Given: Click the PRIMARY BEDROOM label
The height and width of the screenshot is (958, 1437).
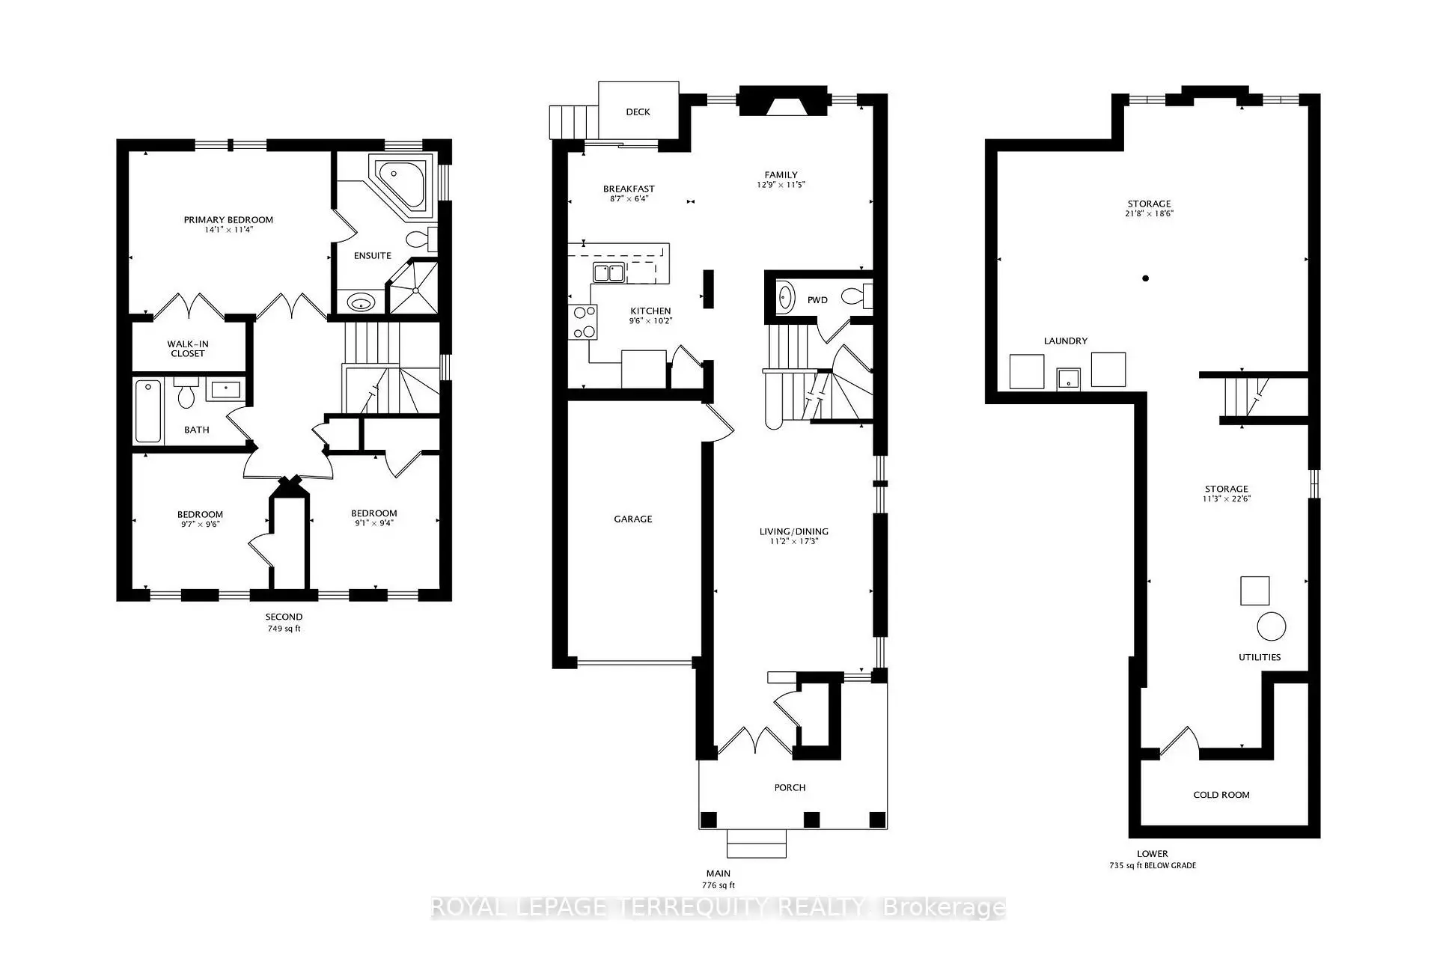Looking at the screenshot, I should coord(228,219).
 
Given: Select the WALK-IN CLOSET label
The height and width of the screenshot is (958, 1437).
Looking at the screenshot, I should coord(187,349).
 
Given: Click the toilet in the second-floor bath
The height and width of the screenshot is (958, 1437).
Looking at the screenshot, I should coord(186,394).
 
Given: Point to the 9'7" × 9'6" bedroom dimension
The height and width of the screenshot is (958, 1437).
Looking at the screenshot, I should coord(200,524).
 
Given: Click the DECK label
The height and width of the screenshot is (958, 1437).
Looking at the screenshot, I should coord(638,112).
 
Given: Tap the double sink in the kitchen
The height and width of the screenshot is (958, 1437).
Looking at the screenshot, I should coord(608,272).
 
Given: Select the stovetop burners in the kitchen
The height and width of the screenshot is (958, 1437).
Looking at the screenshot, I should coord(583,322).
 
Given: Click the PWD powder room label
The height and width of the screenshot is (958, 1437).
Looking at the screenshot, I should coord(817,300).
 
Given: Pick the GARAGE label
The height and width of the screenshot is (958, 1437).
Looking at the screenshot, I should coord(633,519).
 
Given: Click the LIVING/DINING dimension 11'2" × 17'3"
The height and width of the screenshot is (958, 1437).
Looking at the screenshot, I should coord(793,541).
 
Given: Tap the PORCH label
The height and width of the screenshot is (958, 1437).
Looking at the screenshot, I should coord(790,787).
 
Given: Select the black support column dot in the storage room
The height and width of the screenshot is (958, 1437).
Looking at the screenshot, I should coord(1145,278).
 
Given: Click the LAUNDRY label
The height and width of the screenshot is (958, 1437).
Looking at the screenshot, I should coord(1065,341).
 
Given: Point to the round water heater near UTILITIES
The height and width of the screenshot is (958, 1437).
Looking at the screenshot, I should coord(1271,626).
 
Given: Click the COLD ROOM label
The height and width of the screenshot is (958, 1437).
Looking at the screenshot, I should coord(1221,795).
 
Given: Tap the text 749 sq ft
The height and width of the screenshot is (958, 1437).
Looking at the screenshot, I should coord(284,629).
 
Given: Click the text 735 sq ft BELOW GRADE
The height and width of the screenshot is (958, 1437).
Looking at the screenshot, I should coord(1152,865).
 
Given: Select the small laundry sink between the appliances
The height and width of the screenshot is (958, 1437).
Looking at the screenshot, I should coord(1068,379).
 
